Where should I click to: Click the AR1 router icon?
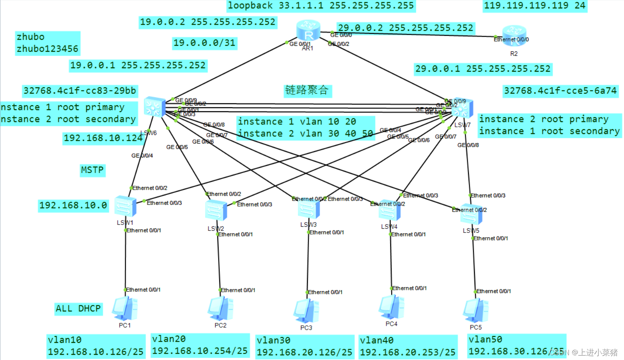pos(308,31)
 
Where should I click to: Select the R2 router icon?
pos(514,35)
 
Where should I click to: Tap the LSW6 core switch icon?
pos(155,107)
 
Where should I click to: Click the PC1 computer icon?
pos(125,309)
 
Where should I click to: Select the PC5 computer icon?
pos(475,311)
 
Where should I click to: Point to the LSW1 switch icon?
pos(125,206)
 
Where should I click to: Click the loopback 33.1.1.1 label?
pos(321,6)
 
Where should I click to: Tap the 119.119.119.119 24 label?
pos(534,6)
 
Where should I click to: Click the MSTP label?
pos(92,170)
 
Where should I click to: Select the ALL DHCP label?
pos(78,309)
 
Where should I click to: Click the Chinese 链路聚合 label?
pos(307,90)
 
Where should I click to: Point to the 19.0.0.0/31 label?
pos(205,43)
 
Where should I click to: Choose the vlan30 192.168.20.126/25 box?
pos(304,346)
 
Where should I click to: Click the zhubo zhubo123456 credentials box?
pos(47,43)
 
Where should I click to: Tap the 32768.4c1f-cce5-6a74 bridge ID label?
pos(560,91)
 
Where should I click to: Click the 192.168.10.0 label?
pos(73,205)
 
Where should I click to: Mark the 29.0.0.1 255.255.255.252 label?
pos(483,69)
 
